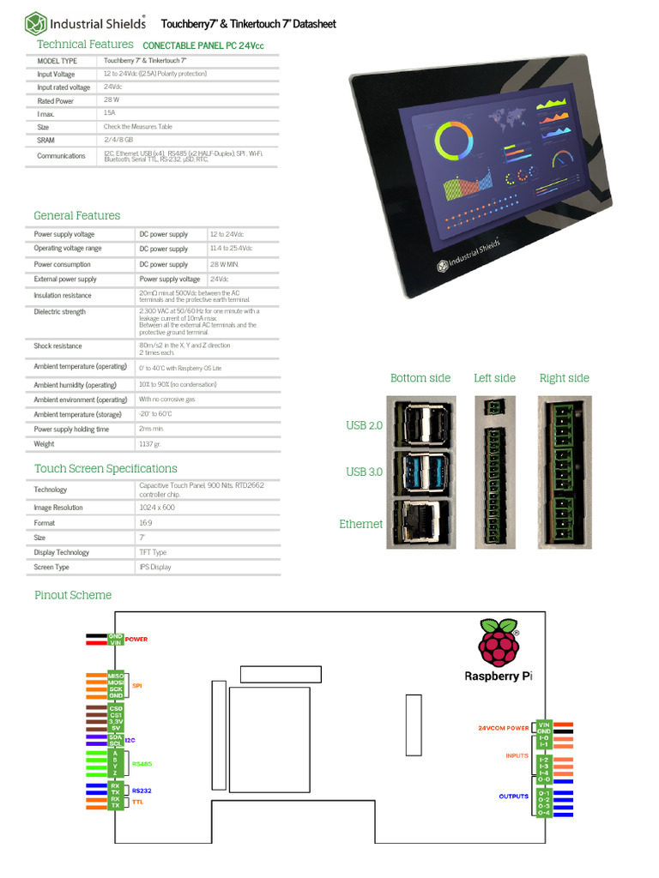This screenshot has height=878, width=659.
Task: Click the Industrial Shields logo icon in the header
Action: [x=35, y=23]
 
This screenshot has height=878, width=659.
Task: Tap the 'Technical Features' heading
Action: [x=85, y=45]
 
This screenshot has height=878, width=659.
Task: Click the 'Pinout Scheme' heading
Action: [x=73, y=595]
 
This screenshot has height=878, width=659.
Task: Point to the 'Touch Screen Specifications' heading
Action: [x=106, y=469]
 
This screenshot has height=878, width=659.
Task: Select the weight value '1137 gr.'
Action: [x=151, y=444]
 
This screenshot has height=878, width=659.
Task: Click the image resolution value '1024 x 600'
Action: [x=158, y=508]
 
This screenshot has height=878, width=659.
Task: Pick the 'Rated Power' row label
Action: [x=55, y=101]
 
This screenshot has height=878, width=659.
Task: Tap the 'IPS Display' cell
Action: [x=155, y=568]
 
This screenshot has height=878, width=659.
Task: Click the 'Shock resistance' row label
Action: [x=57, y=346]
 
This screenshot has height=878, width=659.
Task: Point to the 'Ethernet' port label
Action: [x=360, y=525]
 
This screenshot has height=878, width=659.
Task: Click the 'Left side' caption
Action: [x=494, y=378]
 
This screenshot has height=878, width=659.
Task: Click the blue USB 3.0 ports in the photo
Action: [x=420, y=472]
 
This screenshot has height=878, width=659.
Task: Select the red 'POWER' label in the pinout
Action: [x=136, y=640]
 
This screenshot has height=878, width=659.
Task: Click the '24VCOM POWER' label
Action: [x=503, y=728]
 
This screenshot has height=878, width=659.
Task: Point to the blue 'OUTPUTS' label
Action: [x=514, y=797]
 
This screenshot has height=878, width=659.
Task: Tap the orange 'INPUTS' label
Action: [x=517, y=756]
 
